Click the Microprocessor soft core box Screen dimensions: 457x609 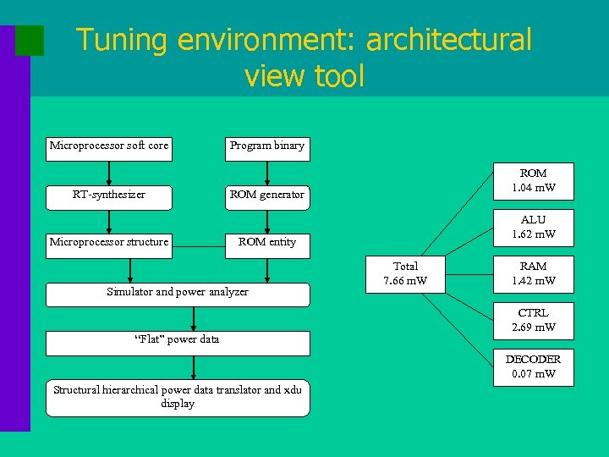[109, 146]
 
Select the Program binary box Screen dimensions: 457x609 [266, 146]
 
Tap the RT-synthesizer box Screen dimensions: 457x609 [109, 195]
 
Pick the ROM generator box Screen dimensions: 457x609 [266, 195]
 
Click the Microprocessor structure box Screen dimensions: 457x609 [109, 243]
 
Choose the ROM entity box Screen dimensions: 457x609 [266, 243]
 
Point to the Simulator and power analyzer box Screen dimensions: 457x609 [178, 293]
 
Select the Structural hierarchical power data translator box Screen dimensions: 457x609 [178, 397]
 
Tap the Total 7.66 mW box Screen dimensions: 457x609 [406, 273]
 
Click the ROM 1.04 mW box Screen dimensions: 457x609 [533, 180]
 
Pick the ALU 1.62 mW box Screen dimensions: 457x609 [533, 228]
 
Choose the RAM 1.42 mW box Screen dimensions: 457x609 [533, 273]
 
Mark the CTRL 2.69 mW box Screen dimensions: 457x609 [533, 320]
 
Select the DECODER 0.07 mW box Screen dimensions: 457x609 [533, 366]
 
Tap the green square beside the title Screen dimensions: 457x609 [30, 41]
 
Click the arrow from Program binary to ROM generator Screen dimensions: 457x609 [267, 173]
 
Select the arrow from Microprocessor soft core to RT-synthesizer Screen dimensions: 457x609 [109, 173]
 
